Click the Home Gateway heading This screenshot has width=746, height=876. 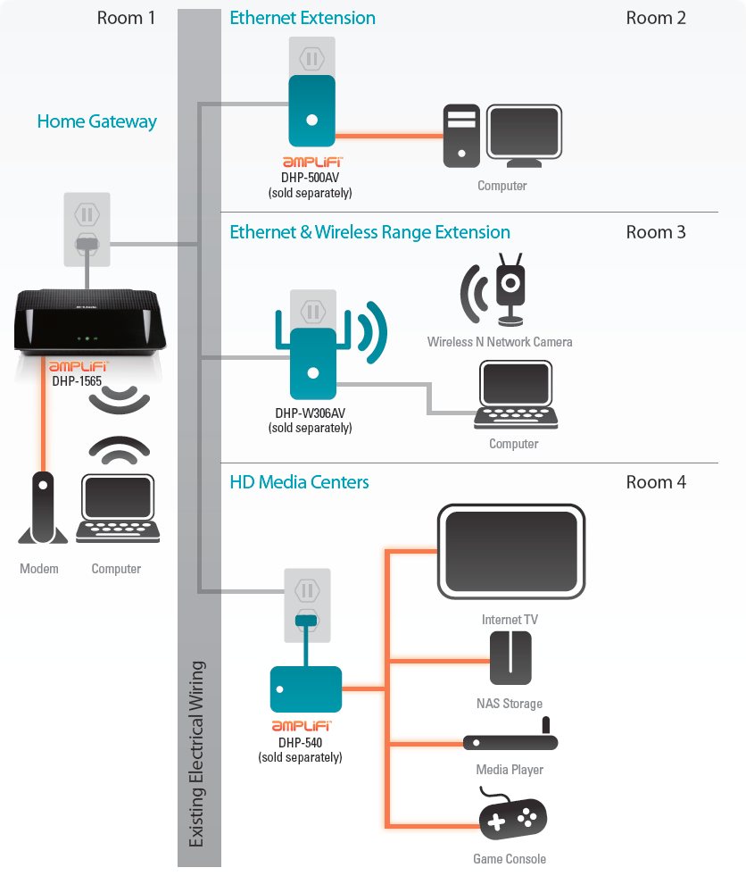coord(96,121)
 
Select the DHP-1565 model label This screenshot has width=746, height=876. coord(77,380)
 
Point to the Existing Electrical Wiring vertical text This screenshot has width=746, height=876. coord(197,754)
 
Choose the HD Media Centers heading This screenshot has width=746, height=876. coord(299,482)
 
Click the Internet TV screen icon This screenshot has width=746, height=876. coord(510,552)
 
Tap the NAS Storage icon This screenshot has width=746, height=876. coord(510,658)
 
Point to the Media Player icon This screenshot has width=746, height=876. coord(510,739)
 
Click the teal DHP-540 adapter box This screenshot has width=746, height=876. coord(305,688)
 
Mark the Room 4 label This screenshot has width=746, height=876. coord(655,482)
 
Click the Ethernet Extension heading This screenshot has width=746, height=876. coord(303,18)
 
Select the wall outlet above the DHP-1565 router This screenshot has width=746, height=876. coord(87,228)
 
